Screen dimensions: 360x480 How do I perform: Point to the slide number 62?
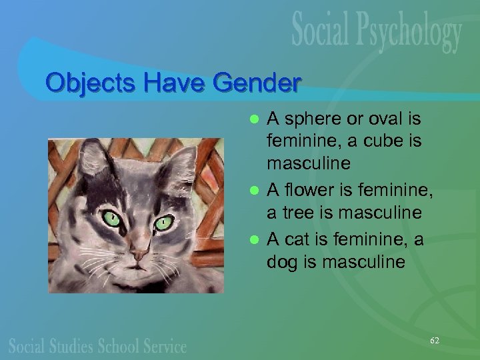[x=435, y=340]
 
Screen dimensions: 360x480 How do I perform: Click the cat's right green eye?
[x=163, y=223]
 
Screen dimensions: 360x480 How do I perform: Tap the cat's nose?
[x=138, y=254]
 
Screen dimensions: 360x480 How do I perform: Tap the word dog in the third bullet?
[x=281, y=262]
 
